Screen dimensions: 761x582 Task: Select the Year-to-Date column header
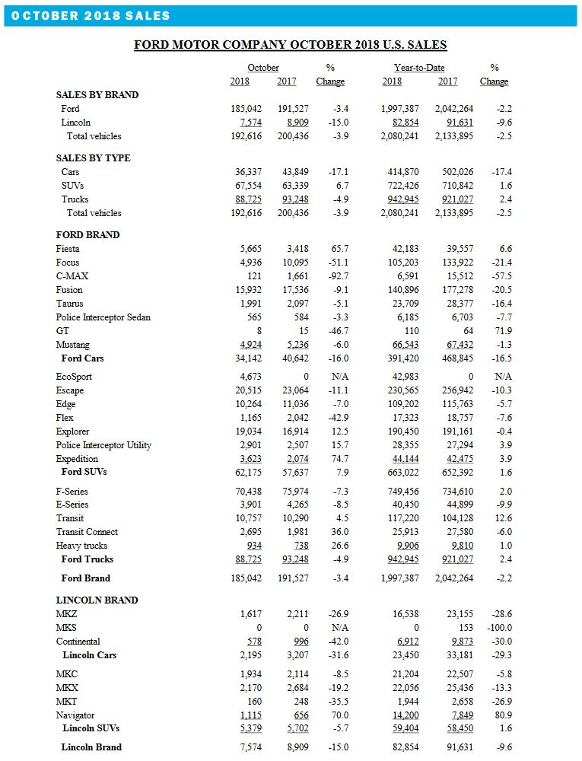pyautogui.click(x=419, y=68)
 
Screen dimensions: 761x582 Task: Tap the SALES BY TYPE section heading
pyautogui.click(x=93, y=158)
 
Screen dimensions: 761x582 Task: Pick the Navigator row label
pyautogui.click(x=76, y=715)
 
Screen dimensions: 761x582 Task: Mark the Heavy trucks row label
pyautogui.click(x=81, y=546)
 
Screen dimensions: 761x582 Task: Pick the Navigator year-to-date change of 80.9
pyautogui.click(x=503, y=715)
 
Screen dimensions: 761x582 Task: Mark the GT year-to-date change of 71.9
pyautogui.click(x=503, y=331)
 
